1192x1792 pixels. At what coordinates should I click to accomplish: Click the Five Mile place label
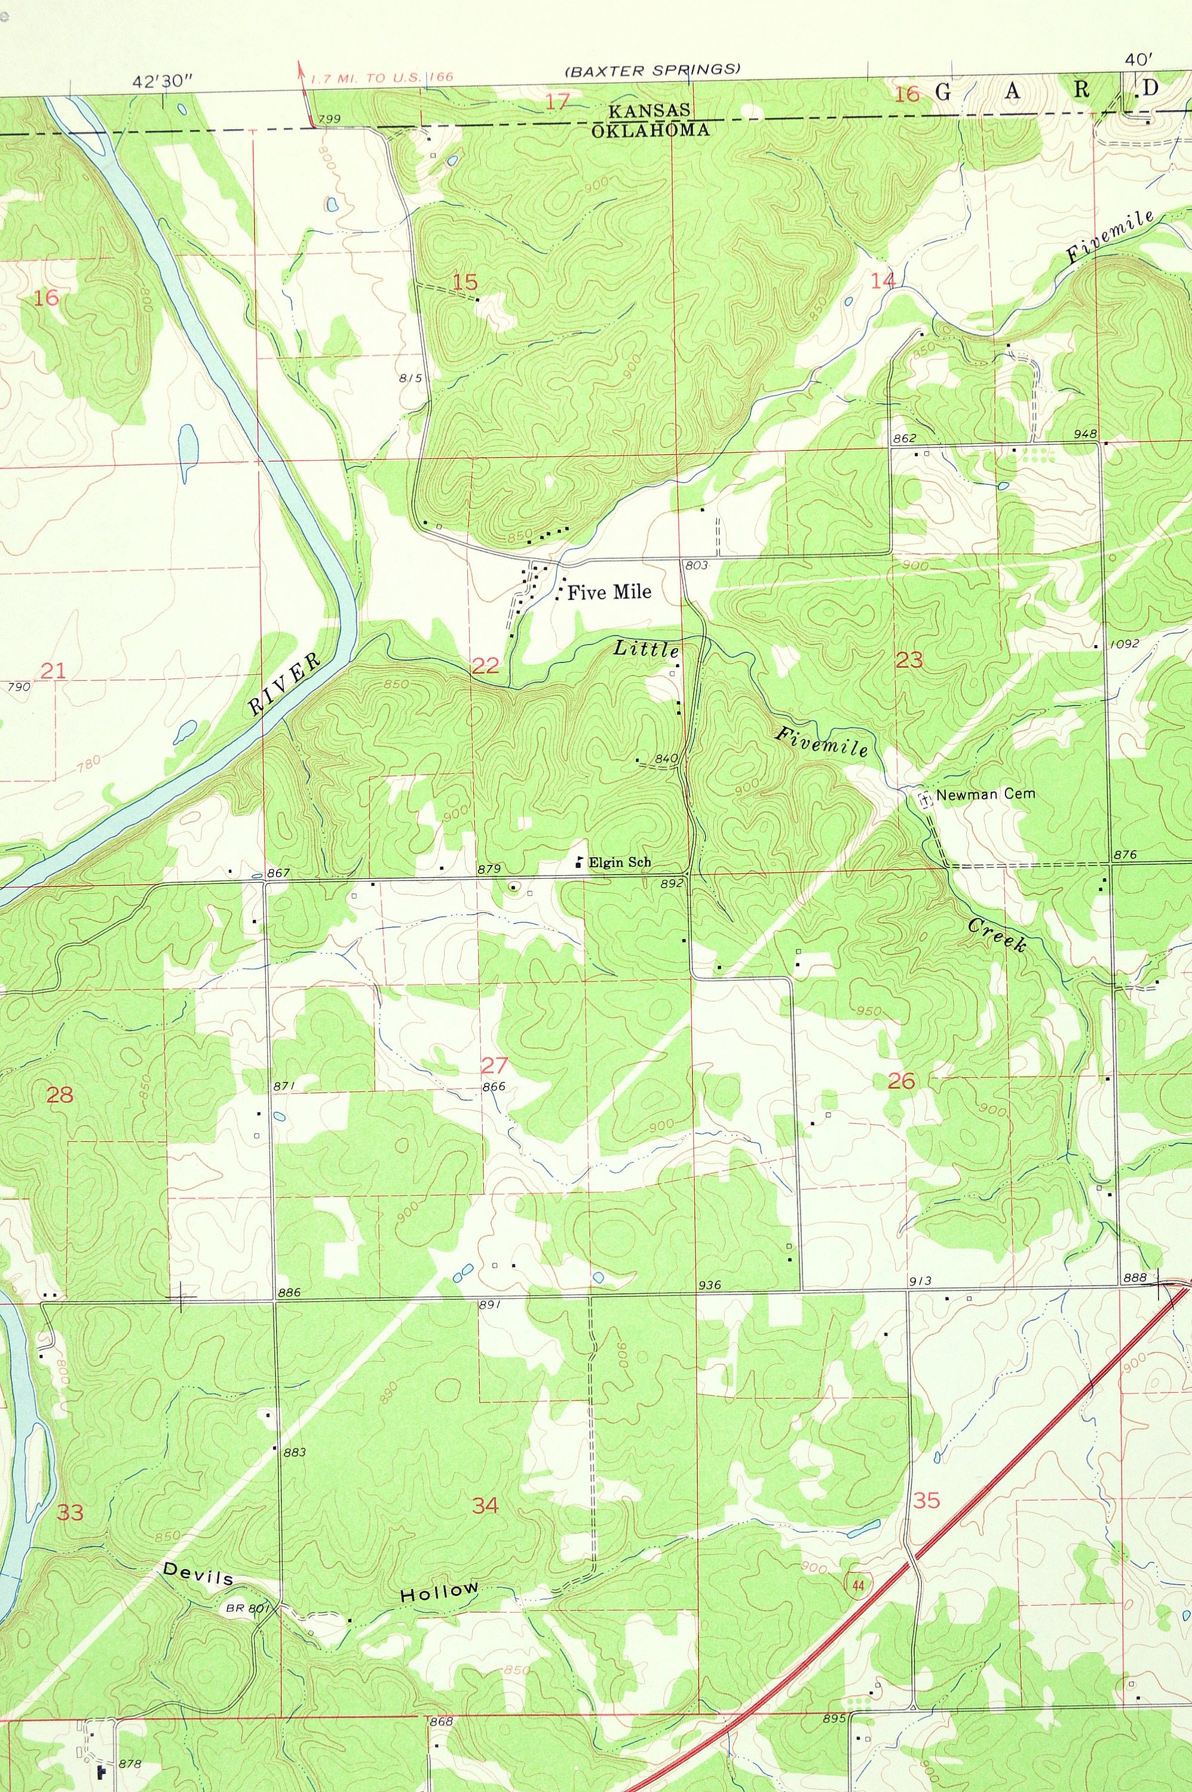pos(609,591)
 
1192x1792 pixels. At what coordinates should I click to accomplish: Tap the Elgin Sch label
pos(620,863)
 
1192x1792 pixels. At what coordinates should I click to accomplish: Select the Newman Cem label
pos(985,794)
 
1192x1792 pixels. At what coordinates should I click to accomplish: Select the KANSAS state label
pos(648,111)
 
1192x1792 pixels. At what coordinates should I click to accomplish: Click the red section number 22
pos(486,666)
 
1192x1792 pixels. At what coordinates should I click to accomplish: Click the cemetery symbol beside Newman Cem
pos(925,799)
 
